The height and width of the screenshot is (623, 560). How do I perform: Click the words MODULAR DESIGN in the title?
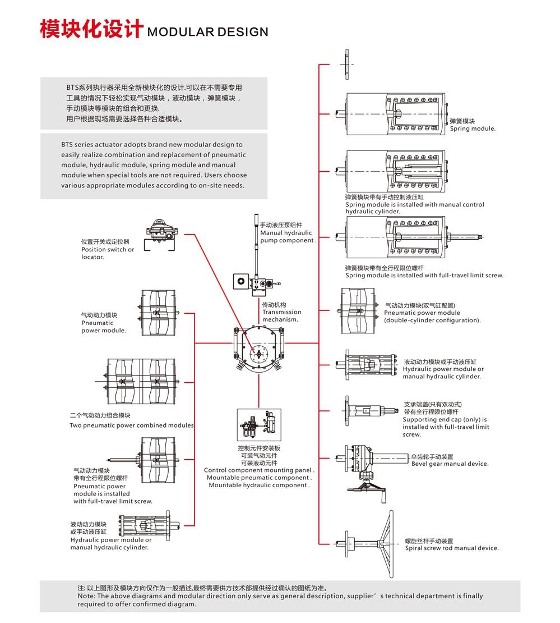(x=207, y=32)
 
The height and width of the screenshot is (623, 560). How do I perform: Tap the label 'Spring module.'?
(x=473, y=129)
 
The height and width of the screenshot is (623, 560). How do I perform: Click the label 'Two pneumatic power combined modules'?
(x=132, y=425)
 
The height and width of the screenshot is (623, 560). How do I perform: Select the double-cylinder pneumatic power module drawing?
(x=359, y=309)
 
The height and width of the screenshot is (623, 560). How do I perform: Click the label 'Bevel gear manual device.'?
(x=450, y=464)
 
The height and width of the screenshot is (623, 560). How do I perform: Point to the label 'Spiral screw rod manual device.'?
(x=451, y=548)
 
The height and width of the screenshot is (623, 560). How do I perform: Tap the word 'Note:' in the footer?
(x=86, y=596)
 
